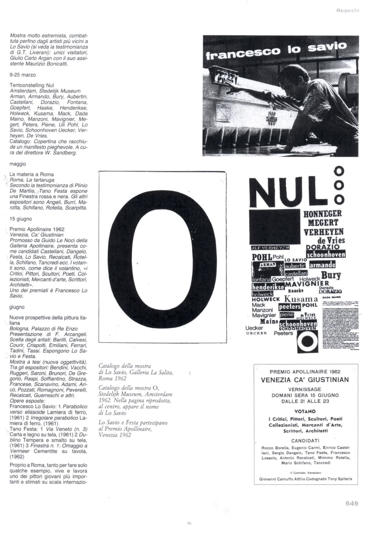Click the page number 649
pos(352,503)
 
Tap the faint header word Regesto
pos(348,10)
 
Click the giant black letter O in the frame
pos(163,257)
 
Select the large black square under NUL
pos(275,227)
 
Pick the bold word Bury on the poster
pos(331,275)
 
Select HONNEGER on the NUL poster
pos(323,214)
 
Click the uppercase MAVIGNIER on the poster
pos(307,284)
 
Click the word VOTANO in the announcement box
pos(305,411)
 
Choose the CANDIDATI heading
pos(305,441)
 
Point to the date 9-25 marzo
pos(23,75)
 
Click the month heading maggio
pos(18,164)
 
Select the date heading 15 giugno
pos(21,219)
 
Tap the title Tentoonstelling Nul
pos(32,85)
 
